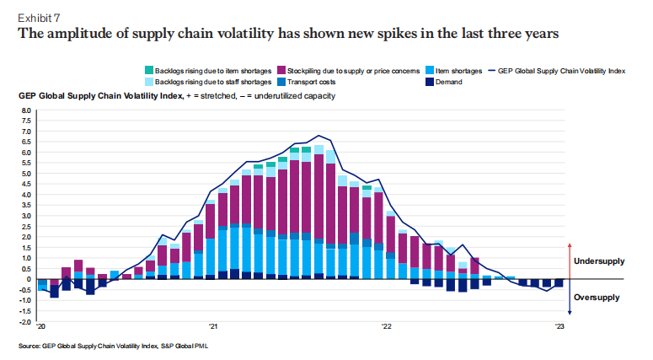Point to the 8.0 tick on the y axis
(25, 110)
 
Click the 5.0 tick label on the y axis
(25, 174)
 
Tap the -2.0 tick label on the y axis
(24, 322)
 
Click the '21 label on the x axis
(214, 327)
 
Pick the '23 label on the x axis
(558, 327)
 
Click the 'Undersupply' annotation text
(600, 262)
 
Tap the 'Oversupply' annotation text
(598, 297)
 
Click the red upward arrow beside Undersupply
(570, 258)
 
